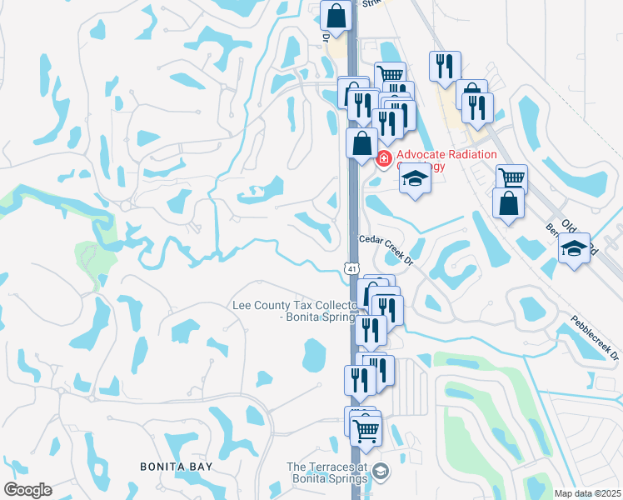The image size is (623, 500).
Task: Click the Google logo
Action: (27, 490)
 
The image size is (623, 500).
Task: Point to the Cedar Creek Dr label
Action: (386, 248)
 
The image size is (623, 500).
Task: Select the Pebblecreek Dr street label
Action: (595, 337)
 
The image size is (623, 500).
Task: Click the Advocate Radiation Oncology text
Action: (446, 160)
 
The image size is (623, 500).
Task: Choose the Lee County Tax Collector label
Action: (295, 312)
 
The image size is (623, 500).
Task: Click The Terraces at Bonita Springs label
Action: (326, 472)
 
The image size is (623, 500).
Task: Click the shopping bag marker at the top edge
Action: (336, 17)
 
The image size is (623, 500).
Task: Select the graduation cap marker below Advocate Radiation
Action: (415, 179)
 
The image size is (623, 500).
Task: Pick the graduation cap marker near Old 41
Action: (574, 248)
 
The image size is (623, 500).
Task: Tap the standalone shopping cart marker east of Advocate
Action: (511, 178)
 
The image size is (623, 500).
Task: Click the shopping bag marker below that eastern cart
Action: (508, 203)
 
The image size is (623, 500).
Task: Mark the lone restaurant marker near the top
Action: (445, 67)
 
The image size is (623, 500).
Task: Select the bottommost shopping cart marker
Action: (366, 432)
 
